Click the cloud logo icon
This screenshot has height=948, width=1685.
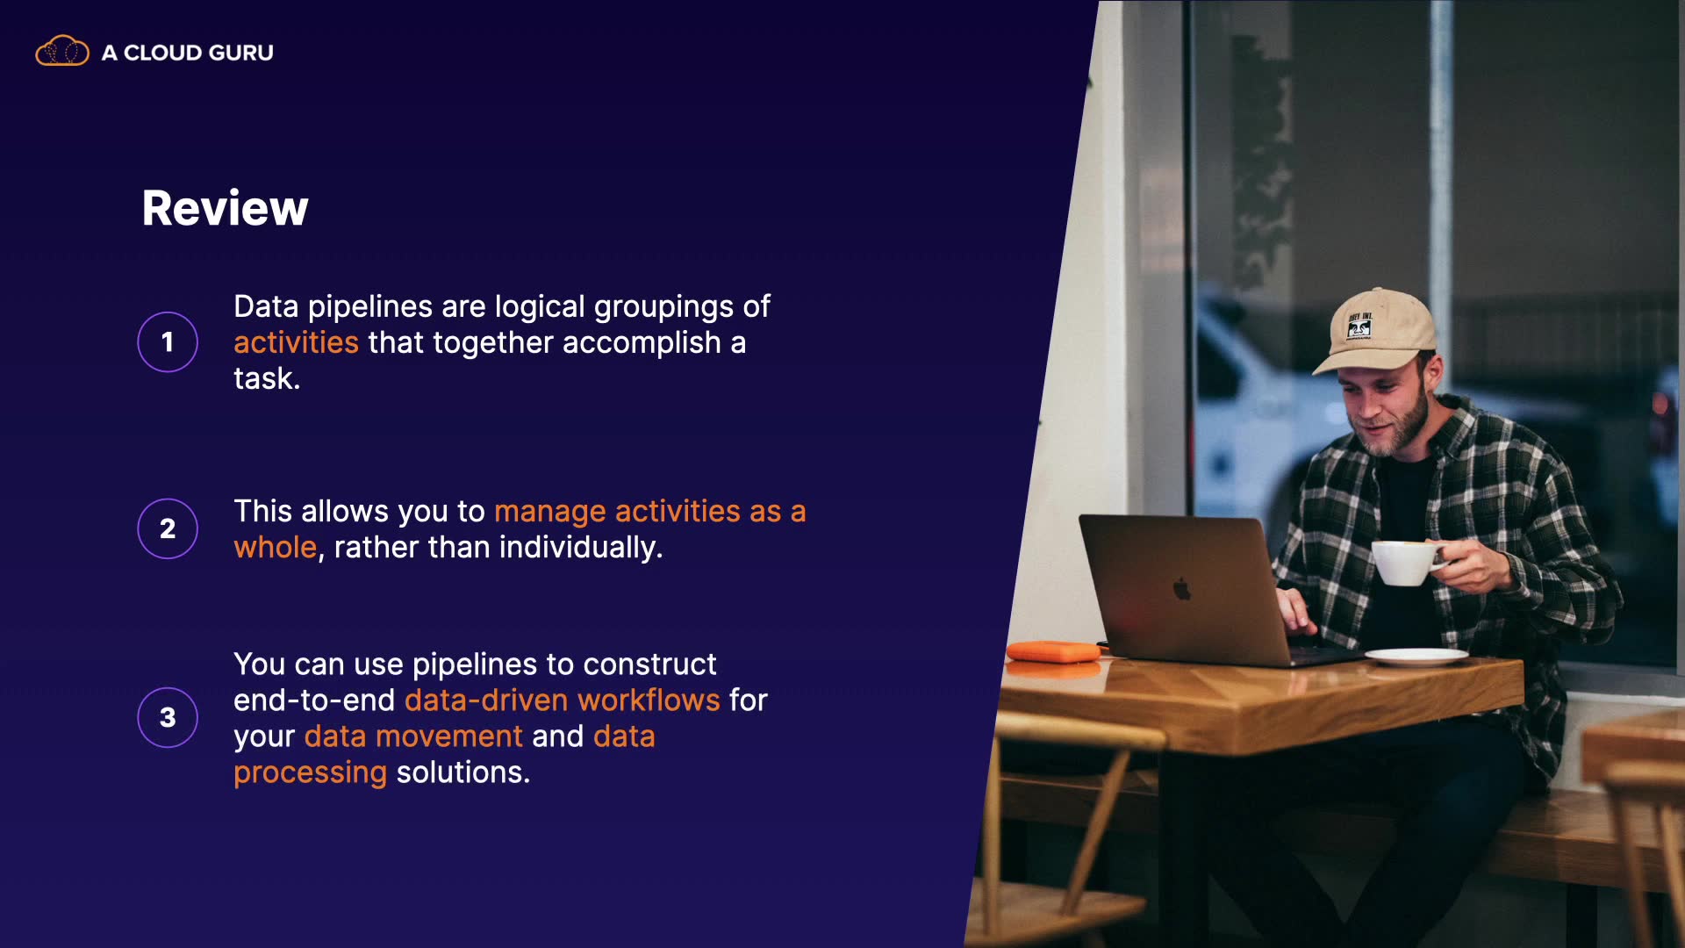pos(61,52)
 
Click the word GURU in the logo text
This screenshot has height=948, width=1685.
pos(241,53)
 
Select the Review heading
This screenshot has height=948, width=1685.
pos(226,208)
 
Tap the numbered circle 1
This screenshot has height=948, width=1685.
pos(168,341)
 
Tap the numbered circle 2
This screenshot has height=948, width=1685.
pos(168,528)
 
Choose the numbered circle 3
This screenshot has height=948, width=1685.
pos(168,717)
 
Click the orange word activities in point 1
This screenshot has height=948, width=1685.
pos(296,342)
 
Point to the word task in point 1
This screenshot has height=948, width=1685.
pos(263,378)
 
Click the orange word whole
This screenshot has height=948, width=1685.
pos(275,547)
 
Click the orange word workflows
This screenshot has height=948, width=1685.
pos(649,700)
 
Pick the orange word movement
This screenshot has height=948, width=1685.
pos(448,736)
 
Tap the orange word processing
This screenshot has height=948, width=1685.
pos(310,773)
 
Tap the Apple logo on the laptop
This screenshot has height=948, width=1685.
pos(1182,589)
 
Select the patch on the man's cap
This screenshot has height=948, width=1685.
pos(1359,327)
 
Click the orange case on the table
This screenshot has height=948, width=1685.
pos(1053,651)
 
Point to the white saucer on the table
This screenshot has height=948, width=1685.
pos(1416,656)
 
